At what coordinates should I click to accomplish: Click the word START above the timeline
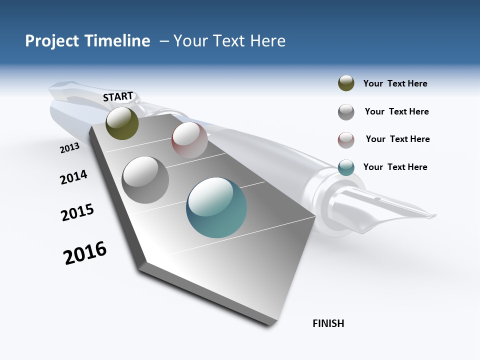point(118,96)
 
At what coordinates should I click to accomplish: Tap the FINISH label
point(328,323)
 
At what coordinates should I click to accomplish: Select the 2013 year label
point(69,148)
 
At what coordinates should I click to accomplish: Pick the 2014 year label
point(73,177)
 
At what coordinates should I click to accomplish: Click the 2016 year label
point(85,253)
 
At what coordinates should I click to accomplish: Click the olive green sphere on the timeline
point(122,123)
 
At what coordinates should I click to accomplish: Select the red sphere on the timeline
point(189,140)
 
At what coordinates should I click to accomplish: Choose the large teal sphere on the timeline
point(216,207)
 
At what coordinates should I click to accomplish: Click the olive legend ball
point(346,83)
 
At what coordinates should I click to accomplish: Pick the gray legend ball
point(346,112)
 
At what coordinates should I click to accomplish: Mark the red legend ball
point(346,140)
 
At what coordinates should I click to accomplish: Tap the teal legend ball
point(346,167)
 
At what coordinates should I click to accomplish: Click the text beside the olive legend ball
point(395,83)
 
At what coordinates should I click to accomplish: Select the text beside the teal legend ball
point(395,167)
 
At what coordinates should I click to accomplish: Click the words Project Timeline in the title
point(87,41)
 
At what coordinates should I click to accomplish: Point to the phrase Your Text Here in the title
point(229,41)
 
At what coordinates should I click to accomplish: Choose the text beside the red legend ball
point(397,139)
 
